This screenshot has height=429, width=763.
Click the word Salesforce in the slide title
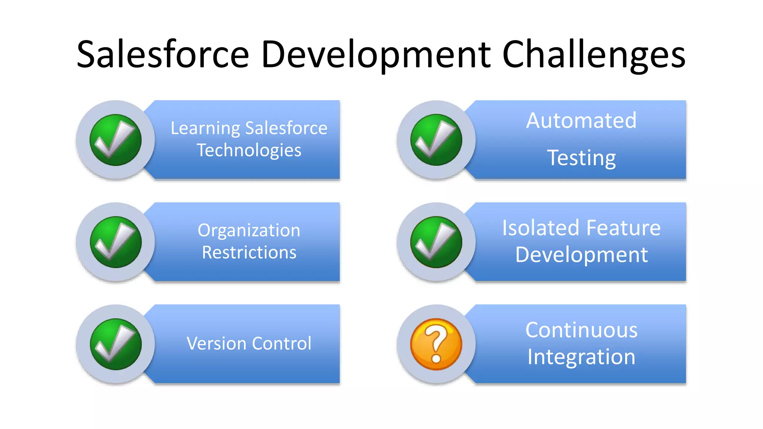click(x=163, y=55)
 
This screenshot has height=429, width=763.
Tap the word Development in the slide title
click(x=376, y=55)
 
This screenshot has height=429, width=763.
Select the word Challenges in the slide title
click(x=593, y=55)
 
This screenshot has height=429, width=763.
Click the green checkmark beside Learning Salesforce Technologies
click(x=115, y=140)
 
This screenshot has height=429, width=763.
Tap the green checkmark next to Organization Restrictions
click(x=115, y=242)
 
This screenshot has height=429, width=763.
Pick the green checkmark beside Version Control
click(x=115, y=344)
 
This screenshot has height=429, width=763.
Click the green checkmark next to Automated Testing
click(x=436, y=140)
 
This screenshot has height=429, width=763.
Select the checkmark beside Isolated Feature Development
click(x=436, y=242)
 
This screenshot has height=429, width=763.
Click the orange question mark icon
click(x=436, y=344)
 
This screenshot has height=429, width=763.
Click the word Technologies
click(x=249, y=150)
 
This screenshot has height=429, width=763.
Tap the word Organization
click(x=249, y=231)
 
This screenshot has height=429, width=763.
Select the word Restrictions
click(x=249, y=252)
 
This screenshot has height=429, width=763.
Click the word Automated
click(x=581, y=121)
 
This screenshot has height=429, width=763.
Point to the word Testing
click(x=581, y=158)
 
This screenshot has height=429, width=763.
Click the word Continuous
click(x=581, y=330)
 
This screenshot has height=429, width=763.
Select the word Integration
click(x=581, y=357)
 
